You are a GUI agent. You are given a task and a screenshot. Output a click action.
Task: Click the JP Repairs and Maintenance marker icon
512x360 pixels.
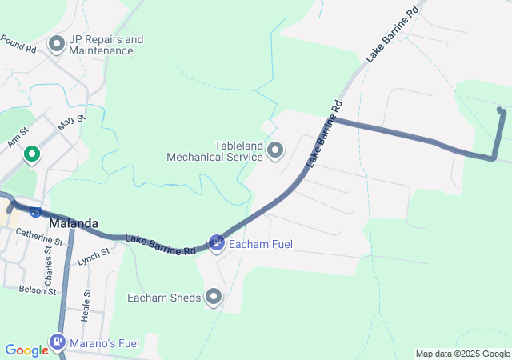[57, 43]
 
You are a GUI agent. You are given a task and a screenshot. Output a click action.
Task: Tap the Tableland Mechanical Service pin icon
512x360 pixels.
[276, 150]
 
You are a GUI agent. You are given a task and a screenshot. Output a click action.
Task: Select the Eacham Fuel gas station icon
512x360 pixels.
[216, 242]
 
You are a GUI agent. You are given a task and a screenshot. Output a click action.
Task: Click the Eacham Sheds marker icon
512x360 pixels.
[213, 298]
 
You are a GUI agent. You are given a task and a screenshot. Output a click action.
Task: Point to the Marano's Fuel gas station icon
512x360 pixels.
[58, 343]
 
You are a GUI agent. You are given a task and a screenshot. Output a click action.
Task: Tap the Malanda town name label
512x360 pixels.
[74, 223]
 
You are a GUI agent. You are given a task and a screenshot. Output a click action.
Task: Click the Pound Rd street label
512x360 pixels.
[18, 43]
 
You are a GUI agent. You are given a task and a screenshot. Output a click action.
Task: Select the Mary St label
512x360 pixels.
[71, 122]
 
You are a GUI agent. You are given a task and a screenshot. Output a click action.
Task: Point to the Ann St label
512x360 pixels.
[18, 136]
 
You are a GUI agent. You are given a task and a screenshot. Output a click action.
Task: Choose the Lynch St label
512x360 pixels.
[92, 257]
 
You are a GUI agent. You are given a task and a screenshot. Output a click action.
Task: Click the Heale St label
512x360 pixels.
[86, 306]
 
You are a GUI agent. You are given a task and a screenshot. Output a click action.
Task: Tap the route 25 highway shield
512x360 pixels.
[36, 212]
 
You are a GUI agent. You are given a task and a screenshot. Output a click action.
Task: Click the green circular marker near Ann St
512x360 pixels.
[32, 154]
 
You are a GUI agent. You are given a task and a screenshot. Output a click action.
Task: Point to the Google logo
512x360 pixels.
[26, 350]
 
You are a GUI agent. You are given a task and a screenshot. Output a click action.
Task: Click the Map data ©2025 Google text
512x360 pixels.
[462, 354]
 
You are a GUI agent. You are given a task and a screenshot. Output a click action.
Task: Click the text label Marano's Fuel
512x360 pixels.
[104, 344]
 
